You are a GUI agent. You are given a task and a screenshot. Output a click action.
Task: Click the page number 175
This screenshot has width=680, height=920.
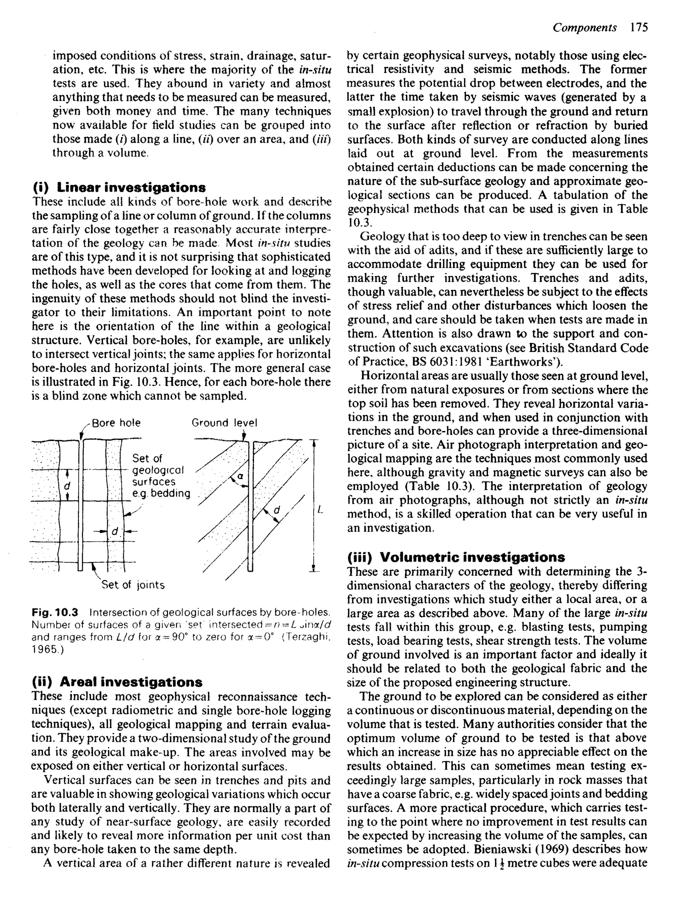click(x=639, y=28)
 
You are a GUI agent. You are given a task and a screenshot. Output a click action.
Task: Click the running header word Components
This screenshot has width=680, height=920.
click(x=584, y=28)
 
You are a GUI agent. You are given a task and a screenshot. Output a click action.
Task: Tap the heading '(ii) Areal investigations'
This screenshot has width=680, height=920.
click(x=117, y=682)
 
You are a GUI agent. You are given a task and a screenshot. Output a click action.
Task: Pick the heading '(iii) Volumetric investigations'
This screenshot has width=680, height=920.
click(x=456, y=557)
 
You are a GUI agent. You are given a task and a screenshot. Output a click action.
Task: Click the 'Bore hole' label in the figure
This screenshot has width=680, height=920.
click(x=116, y=423)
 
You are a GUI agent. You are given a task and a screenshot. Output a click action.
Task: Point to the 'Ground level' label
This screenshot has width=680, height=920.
click(x=224, y=423)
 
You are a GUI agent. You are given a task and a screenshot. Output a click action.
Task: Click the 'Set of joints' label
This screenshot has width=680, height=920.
click(x=133, y=585)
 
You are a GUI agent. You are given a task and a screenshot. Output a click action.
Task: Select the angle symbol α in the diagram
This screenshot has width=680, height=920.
click(x=240, y=476)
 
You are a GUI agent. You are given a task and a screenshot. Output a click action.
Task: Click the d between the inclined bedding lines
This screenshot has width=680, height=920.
click(x=277, y=510)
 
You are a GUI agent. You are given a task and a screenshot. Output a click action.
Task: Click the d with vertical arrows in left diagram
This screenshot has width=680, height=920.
click(x=67, y=487)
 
